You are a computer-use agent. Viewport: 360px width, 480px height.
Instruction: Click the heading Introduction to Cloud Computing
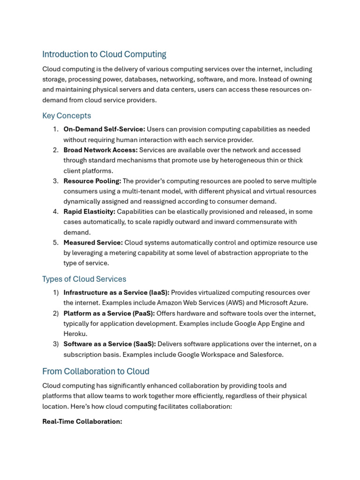point(104,54)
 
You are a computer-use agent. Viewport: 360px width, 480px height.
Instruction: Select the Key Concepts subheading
point(67,116)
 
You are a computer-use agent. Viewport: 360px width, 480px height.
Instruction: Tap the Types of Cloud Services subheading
point(84,279)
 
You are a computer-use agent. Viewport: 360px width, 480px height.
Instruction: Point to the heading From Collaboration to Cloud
point(96,371)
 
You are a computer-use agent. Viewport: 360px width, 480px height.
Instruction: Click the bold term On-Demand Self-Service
point(104,129)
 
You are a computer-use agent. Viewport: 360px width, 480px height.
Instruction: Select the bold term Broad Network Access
point(100,150)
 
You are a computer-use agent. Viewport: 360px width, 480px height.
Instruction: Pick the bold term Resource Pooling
point(92,181)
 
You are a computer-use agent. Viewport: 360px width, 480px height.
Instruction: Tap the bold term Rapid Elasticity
point(89,212)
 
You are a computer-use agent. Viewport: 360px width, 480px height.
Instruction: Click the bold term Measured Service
point(93,243)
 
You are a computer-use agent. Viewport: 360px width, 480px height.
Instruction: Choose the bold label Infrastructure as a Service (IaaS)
point(116,293)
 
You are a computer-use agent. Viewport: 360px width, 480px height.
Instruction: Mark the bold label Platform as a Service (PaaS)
point(109,314)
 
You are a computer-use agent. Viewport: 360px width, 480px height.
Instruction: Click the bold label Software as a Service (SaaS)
point(110,344)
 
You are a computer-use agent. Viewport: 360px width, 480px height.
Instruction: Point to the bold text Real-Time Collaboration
point(82,421)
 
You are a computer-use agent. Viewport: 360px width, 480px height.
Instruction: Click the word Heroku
point(75,334)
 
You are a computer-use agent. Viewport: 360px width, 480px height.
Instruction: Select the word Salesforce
point(266,354)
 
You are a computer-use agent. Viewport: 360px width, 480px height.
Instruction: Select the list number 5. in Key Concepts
point(55,243)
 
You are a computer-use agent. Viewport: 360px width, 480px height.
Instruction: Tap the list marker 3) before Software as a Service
point(55,344)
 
